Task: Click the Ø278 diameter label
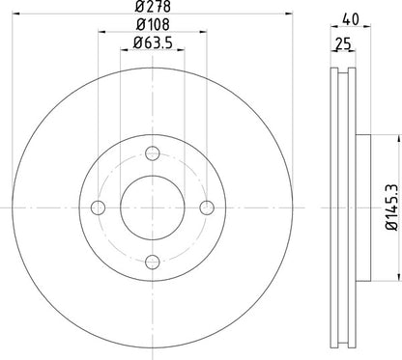(153, 7)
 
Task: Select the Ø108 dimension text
(153, 25)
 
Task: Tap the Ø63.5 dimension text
(153, 42)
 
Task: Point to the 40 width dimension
(351, 19)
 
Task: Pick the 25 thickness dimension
(343, 44)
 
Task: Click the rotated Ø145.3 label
(393, 208)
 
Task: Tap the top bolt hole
(153, 153)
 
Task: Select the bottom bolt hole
(153, 263)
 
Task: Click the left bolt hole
(99, 208)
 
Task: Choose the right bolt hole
(207, 208)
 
